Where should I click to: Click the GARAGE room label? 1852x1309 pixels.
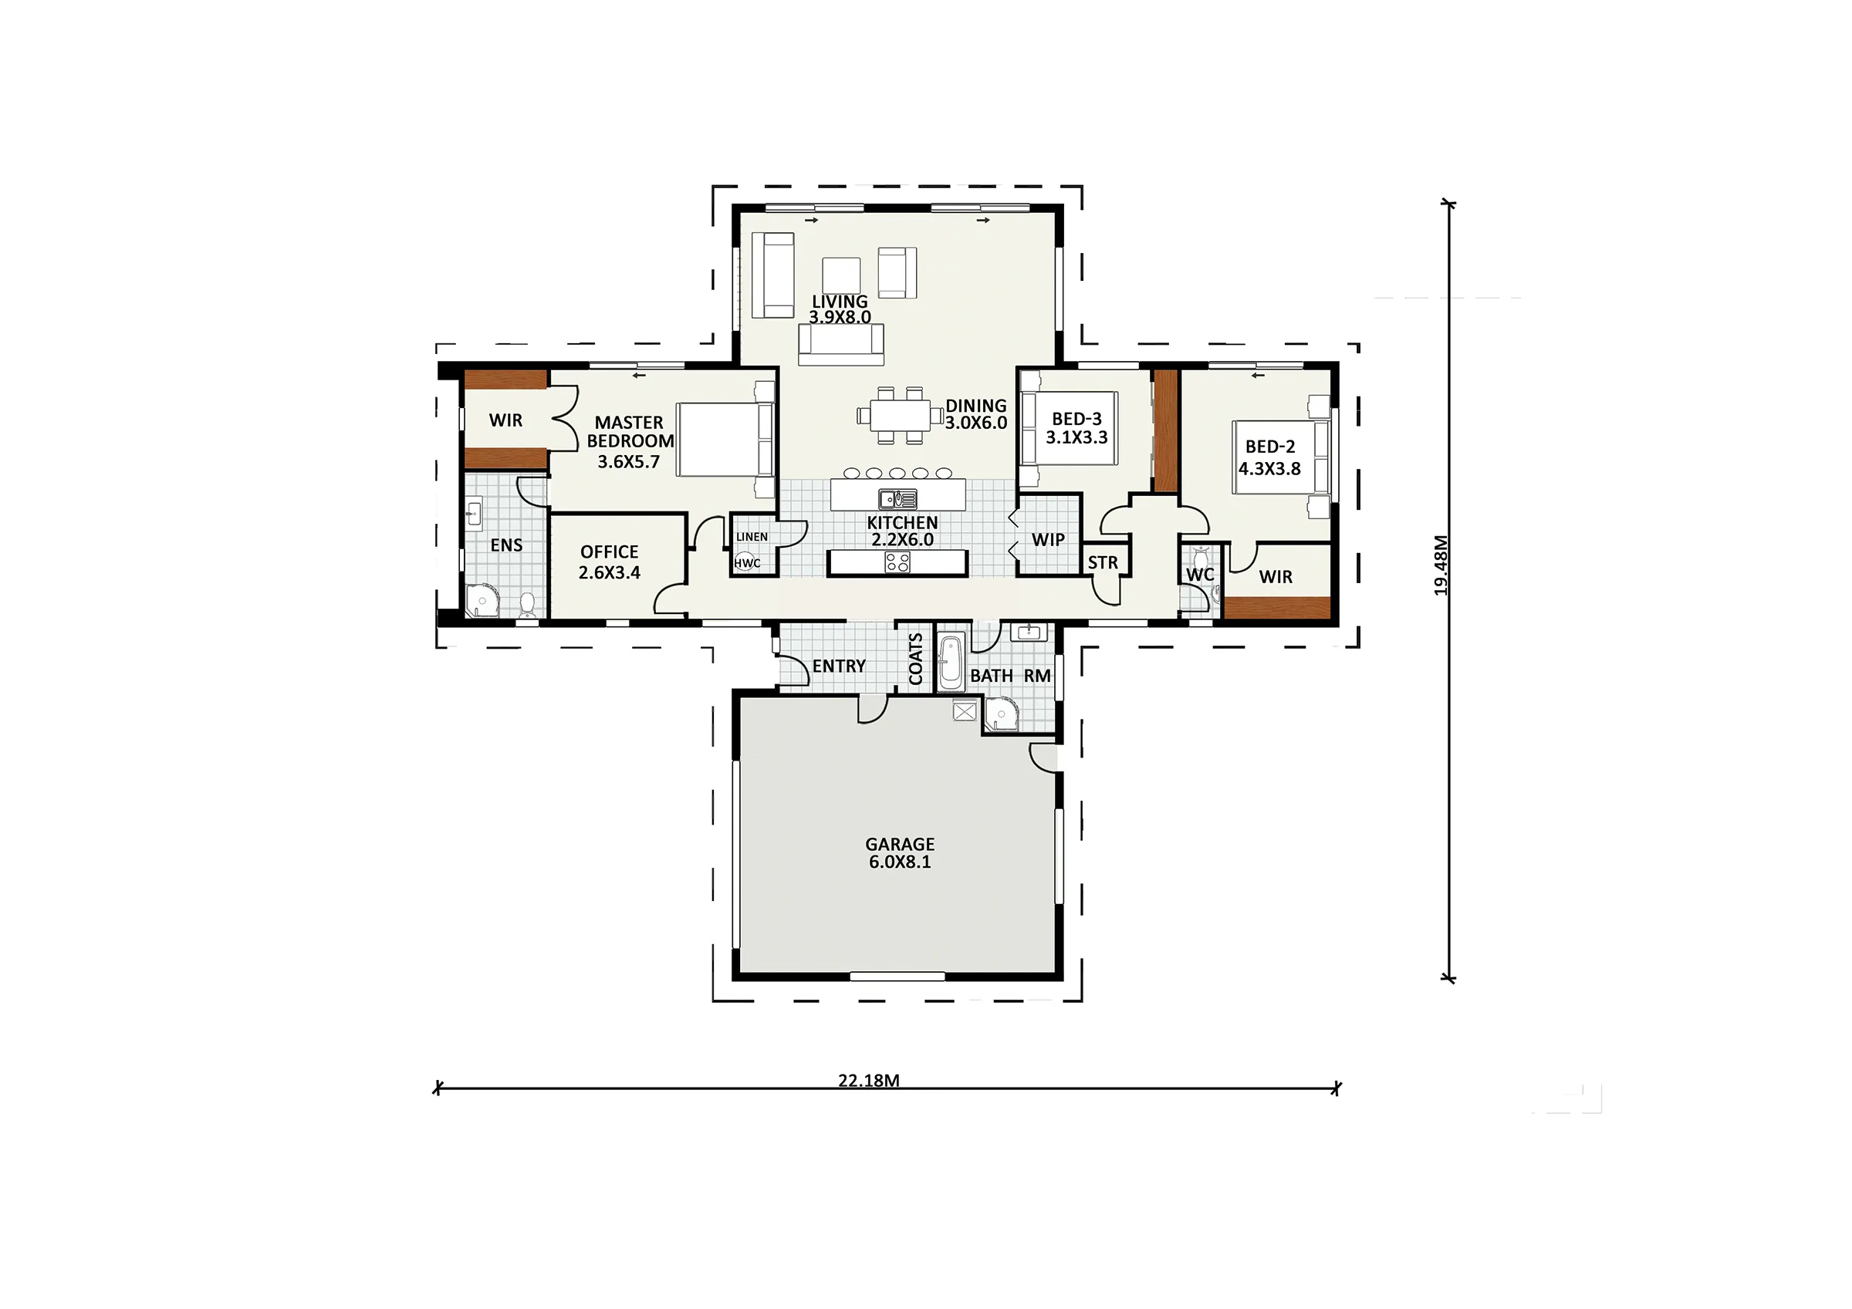coord(900,845)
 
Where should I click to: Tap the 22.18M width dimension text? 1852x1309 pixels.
coord(869,1081)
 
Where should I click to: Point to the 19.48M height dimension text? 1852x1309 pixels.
coord(1441,565)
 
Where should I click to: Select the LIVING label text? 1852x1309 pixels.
coord(840,302)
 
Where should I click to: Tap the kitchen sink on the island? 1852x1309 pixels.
coord(897,499)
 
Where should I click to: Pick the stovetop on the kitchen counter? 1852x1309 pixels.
coord(897,562)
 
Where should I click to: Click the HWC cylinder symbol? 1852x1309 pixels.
coord(746,562)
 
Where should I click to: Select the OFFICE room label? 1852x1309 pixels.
coord(609,552)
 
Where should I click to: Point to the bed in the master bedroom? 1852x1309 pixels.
coord(725,440)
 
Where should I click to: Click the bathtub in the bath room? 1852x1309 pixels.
coord(951,663)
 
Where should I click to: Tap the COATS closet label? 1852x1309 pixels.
coord(915,659)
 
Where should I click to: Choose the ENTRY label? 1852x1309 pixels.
coord(839,666)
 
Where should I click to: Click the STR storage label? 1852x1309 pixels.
coord(1103,563)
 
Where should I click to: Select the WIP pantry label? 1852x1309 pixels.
coord(1048,540)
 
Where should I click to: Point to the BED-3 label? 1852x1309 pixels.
coord(1076,420)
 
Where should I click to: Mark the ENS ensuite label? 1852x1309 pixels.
coord(506,545)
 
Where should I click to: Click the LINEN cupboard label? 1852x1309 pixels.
coord(752,537)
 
